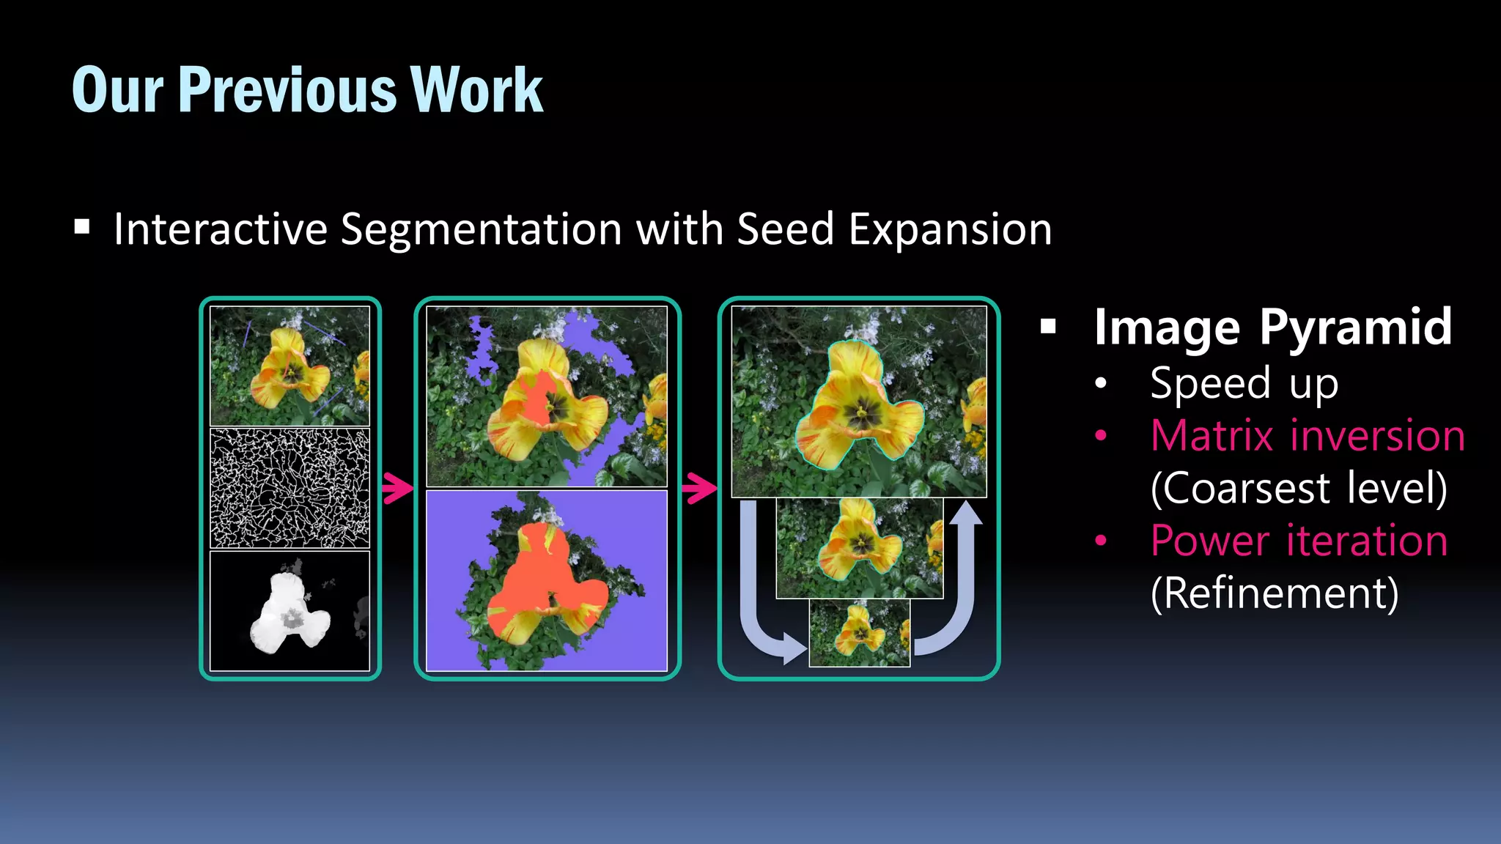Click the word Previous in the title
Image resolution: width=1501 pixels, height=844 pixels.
click(288, 90)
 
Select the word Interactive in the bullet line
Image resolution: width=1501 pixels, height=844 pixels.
click(221, 229)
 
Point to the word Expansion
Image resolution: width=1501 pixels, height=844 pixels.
click(950, 229)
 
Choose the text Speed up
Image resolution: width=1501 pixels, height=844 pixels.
click(1244, 384)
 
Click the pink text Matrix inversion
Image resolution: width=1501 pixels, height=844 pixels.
click(1308, 436)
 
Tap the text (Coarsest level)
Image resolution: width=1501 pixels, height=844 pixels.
click(1299, 489)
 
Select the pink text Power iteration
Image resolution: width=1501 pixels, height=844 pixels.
click(1299, 541)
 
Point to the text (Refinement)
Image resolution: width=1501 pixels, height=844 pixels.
click(1275, 593)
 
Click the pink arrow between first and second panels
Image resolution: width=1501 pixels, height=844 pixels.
click(398, 488)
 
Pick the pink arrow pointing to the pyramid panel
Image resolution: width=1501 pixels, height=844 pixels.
click(699, 488)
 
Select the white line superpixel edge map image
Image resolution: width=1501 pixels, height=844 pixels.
click(290, 489)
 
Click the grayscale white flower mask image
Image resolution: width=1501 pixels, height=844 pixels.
click(290, 611)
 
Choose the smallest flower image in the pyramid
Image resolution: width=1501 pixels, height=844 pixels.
click(860, 634)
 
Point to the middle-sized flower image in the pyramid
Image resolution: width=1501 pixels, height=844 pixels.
click(860, 548)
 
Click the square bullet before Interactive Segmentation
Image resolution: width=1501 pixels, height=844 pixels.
click(82, 227)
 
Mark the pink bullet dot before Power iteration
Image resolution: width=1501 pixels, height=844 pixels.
click(1100, 541)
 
